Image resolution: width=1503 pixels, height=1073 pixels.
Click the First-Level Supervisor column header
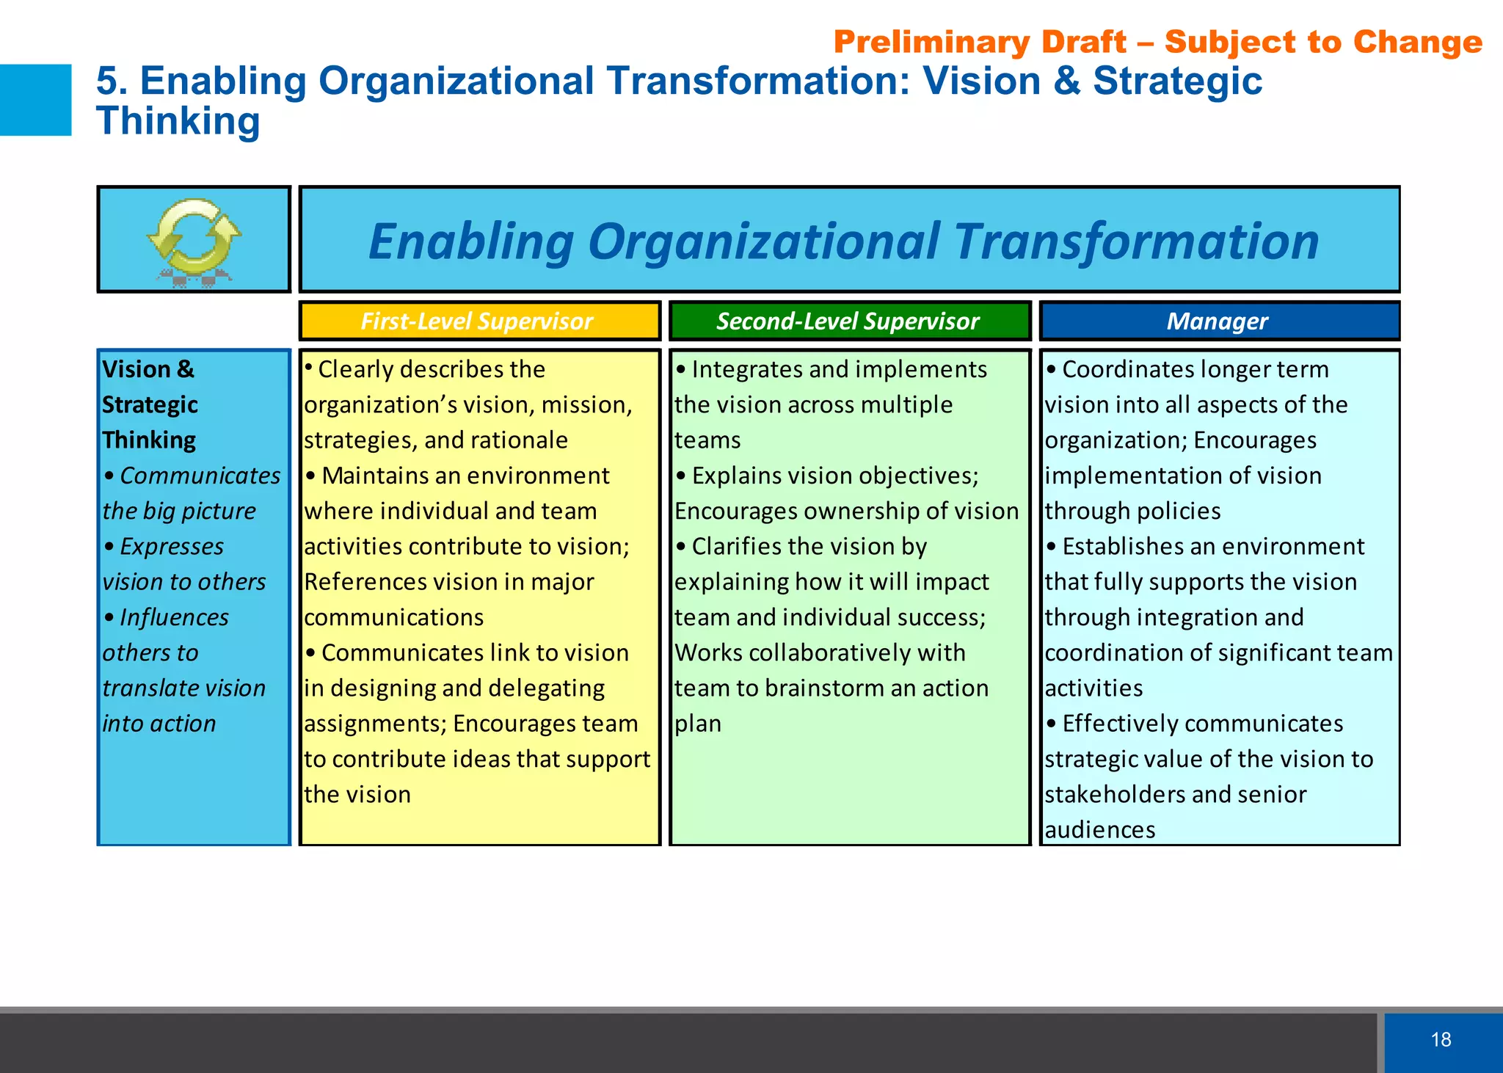[477, 321]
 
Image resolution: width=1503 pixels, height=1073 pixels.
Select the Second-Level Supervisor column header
[848, 321]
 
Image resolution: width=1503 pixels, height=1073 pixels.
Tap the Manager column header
[1218, 321]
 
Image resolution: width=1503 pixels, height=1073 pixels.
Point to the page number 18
[1441, 1039]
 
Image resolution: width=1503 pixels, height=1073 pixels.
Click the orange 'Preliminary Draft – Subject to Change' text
[1157, 42]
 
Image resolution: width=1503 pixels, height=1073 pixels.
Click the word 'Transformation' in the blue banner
[1136, 241]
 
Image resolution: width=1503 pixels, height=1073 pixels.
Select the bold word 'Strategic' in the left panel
[150, 404]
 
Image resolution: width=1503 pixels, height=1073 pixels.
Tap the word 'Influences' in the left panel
[174, 617]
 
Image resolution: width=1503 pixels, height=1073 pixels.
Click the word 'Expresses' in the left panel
[172, 546]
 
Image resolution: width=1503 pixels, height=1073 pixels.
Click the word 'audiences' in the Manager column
[1099, 829]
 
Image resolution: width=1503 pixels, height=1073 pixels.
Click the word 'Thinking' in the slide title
[178, 121]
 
